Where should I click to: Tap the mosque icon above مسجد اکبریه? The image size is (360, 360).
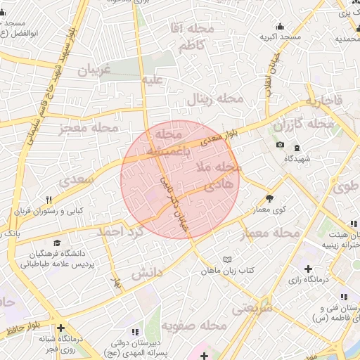click(281, 26)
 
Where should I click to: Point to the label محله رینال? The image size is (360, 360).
click(214, 100)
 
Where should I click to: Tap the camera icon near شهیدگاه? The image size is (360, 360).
click(281, 145)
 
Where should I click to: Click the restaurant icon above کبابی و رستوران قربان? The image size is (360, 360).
click(49, 200)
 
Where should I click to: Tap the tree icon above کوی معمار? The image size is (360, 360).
click(270, 198)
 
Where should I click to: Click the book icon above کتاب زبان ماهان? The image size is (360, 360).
click(226, 259)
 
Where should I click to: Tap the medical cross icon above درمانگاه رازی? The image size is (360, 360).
click(309, 268)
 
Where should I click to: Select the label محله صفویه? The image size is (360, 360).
click(193, 326)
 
